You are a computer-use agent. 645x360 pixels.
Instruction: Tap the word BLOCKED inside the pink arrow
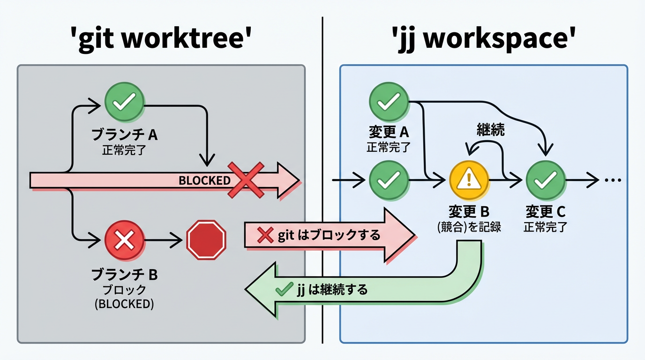[204, 180]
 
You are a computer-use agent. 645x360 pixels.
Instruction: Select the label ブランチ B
[124, 275]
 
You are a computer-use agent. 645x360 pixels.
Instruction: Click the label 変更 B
[469, 212]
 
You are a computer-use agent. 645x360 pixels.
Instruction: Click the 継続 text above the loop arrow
[490, 129]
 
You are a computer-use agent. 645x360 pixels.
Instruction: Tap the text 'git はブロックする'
[329, 235]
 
